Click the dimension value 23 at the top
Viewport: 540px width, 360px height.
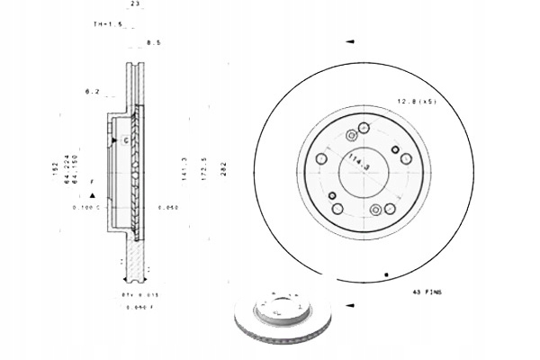tap(135, 4)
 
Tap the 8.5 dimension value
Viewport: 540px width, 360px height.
tap(153, 42)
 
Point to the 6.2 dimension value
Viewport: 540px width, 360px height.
tap(91, 92)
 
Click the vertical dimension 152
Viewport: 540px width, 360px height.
tap(55, 166)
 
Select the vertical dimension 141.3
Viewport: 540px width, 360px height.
tap(184, 170)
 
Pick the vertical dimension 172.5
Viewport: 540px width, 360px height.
tap(203, 170)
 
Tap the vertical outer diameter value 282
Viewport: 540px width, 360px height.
tap(223, 170)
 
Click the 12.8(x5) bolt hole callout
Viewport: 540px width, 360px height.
tap(417, 102)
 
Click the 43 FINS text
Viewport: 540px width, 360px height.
tap(427, 292)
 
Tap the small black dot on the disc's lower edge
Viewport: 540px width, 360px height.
tap(386, 273)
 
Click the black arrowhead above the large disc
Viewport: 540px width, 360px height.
tap(350, 41)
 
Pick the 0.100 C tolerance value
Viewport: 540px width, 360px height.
tap(85, 207)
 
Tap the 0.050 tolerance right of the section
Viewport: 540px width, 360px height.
tap(166, 207)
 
